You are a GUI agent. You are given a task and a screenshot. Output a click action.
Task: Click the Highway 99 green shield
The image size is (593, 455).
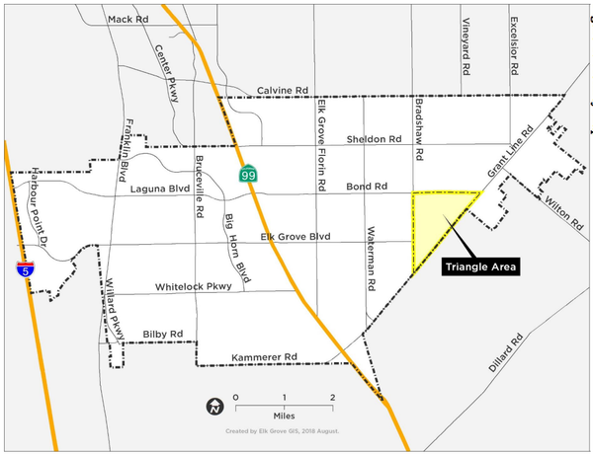(x=246, y=174)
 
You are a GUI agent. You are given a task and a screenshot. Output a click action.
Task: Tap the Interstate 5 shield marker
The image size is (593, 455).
(x=23, y=268)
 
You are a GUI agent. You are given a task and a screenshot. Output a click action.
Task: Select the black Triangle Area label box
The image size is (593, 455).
(x=481, y=266)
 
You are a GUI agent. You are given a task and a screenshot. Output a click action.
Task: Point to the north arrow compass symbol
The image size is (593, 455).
(x=213, y=406)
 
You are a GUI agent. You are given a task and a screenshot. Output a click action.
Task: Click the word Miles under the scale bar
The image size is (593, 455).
(x=285, y=415)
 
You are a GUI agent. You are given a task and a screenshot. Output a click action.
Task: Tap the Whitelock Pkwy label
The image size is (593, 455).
(x=193, y=287)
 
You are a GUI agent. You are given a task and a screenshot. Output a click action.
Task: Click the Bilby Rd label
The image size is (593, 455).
(x=162, y=334)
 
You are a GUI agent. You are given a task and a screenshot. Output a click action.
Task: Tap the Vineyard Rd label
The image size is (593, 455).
(x=466, y=47)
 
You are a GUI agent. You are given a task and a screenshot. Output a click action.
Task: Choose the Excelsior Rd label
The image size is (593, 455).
(x=514, y=47)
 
